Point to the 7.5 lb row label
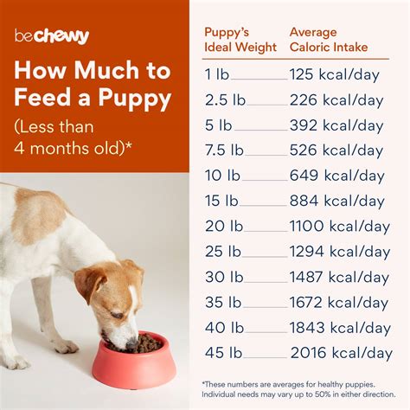[221, 151]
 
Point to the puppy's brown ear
[91, 285]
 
